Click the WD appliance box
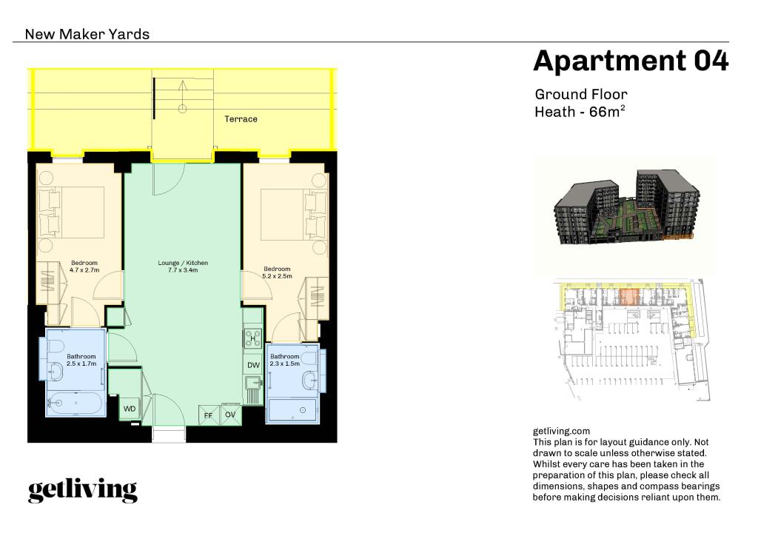(x=130, y=409)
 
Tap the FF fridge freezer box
(x=209, y=415)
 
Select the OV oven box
(x=230, y=415)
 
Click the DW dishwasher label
(x=253, y=365)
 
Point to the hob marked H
(x=252, y=338)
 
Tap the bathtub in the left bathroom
(x=74, y=403)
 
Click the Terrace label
(x=241, y=119)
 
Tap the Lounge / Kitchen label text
(x=183, y=263)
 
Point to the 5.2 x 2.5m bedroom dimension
(x=277, y=276)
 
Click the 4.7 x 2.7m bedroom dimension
(x=84, y=270)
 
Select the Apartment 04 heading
(x=631, y=61)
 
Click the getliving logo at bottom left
(x=82, y=490)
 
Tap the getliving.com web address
(x=561, y=431)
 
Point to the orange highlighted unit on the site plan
(x=628, y=298)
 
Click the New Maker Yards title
(x=87, y=34)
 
